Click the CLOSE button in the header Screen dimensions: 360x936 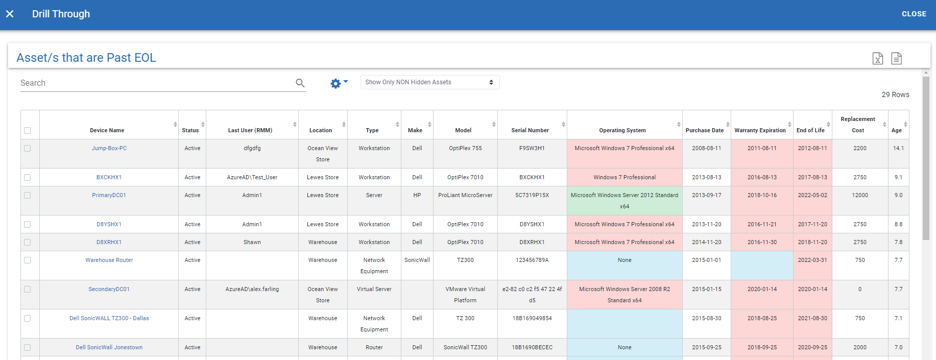914,14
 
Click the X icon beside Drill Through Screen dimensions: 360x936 10,14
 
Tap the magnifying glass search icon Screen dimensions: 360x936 300,83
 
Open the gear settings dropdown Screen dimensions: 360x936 338,83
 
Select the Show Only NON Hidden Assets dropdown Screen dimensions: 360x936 429,82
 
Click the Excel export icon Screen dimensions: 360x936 877,59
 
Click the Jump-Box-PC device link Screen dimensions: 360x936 109,148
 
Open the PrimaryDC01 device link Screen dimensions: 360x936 109,195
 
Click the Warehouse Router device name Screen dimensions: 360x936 109,260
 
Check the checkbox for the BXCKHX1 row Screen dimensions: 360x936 28,177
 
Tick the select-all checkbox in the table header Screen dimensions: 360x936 28,130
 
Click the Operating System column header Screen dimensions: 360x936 622,130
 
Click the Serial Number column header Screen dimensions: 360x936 530,130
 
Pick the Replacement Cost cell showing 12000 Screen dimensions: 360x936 860,195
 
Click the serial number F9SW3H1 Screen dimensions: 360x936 532,148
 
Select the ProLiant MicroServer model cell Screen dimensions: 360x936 465,195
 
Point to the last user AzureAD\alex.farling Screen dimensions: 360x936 252,289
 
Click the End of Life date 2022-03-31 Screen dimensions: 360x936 812,260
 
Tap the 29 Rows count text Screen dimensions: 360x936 895,94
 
